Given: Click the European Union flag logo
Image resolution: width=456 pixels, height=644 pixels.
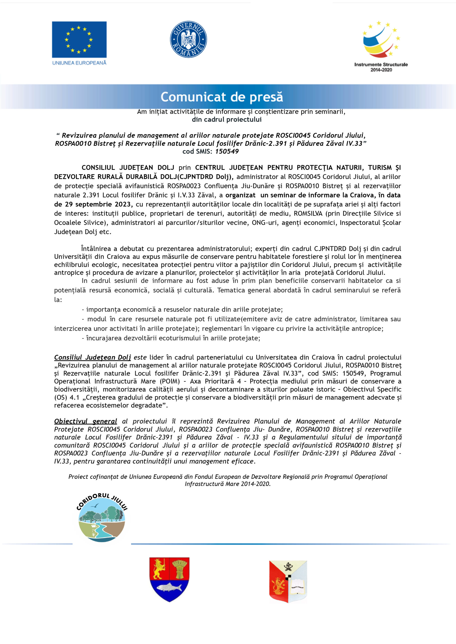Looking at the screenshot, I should point(79,39).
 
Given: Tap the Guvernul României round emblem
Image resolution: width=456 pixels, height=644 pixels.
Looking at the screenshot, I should point(188,39).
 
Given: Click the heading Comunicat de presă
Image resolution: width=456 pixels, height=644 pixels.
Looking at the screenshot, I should point(221,97).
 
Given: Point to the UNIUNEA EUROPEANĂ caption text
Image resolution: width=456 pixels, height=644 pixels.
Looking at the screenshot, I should point(79,63).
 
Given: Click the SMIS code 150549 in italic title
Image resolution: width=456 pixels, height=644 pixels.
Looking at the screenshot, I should point(227,151).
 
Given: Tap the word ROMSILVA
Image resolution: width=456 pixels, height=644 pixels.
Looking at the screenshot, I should point(308,214).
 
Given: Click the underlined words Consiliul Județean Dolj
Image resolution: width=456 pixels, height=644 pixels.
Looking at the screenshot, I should point(92,357).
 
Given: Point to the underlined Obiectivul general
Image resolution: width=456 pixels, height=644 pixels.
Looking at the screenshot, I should point(86,421).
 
